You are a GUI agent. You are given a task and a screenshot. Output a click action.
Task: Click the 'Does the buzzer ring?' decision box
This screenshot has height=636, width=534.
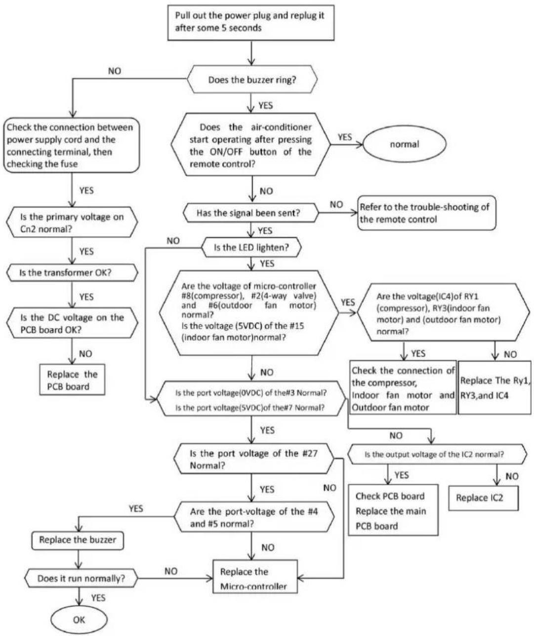[x=252, y=80]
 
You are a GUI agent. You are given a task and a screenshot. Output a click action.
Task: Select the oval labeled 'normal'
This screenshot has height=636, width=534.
[x=404, y=144]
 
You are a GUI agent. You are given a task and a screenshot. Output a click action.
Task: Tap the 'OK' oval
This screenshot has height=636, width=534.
[x=79, y=620]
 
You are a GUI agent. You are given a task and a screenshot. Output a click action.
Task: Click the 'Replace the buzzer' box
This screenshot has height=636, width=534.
[x=78, y=540]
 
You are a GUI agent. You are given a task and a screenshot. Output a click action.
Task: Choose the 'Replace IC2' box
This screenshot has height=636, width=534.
[x=484, y=498]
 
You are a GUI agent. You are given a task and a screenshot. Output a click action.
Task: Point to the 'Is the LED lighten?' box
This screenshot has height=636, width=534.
[x=251, y=247]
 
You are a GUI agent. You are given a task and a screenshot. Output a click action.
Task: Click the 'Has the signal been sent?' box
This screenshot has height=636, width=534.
[x=250, y=212]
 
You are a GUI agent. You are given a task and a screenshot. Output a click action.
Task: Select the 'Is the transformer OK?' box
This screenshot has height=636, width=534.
[x=72, y=273]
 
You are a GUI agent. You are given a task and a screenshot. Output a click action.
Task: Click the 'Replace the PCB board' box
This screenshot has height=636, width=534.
[x=72, y=380]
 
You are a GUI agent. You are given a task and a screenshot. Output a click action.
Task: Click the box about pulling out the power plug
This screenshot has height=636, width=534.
[x=251, y=23]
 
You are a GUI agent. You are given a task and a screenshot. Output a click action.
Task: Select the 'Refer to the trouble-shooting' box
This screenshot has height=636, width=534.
[x=426, y=213]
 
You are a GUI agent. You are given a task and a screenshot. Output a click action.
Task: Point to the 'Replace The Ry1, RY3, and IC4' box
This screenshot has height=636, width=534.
[x=494, y=387]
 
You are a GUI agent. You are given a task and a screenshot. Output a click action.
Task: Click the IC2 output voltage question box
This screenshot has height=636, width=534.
[x=437, y=454]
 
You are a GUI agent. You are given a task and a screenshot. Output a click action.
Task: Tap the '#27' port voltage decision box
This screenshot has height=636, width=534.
[x=254, y=459]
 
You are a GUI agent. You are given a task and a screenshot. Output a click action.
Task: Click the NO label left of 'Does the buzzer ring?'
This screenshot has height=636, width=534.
[x=115, y=71]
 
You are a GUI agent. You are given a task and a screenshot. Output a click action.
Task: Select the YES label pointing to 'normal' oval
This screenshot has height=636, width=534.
[x=345, y=137]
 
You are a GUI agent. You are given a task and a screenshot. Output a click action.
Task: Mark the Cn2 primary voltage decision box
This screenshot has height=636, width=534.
[x=72, y=222]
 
